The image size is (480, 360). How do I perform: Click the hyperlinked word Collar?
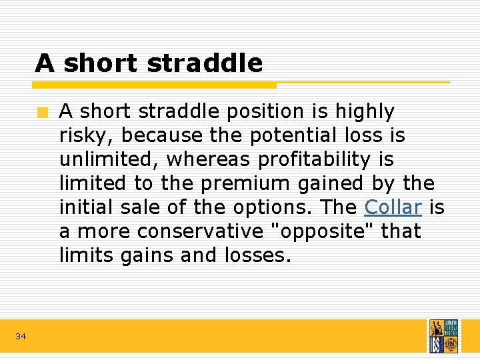click(393, 207)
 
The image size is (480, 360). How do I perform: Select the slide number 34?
click(21, 337)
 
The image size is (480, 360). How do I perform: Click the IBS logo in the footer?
click(443, 336)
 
